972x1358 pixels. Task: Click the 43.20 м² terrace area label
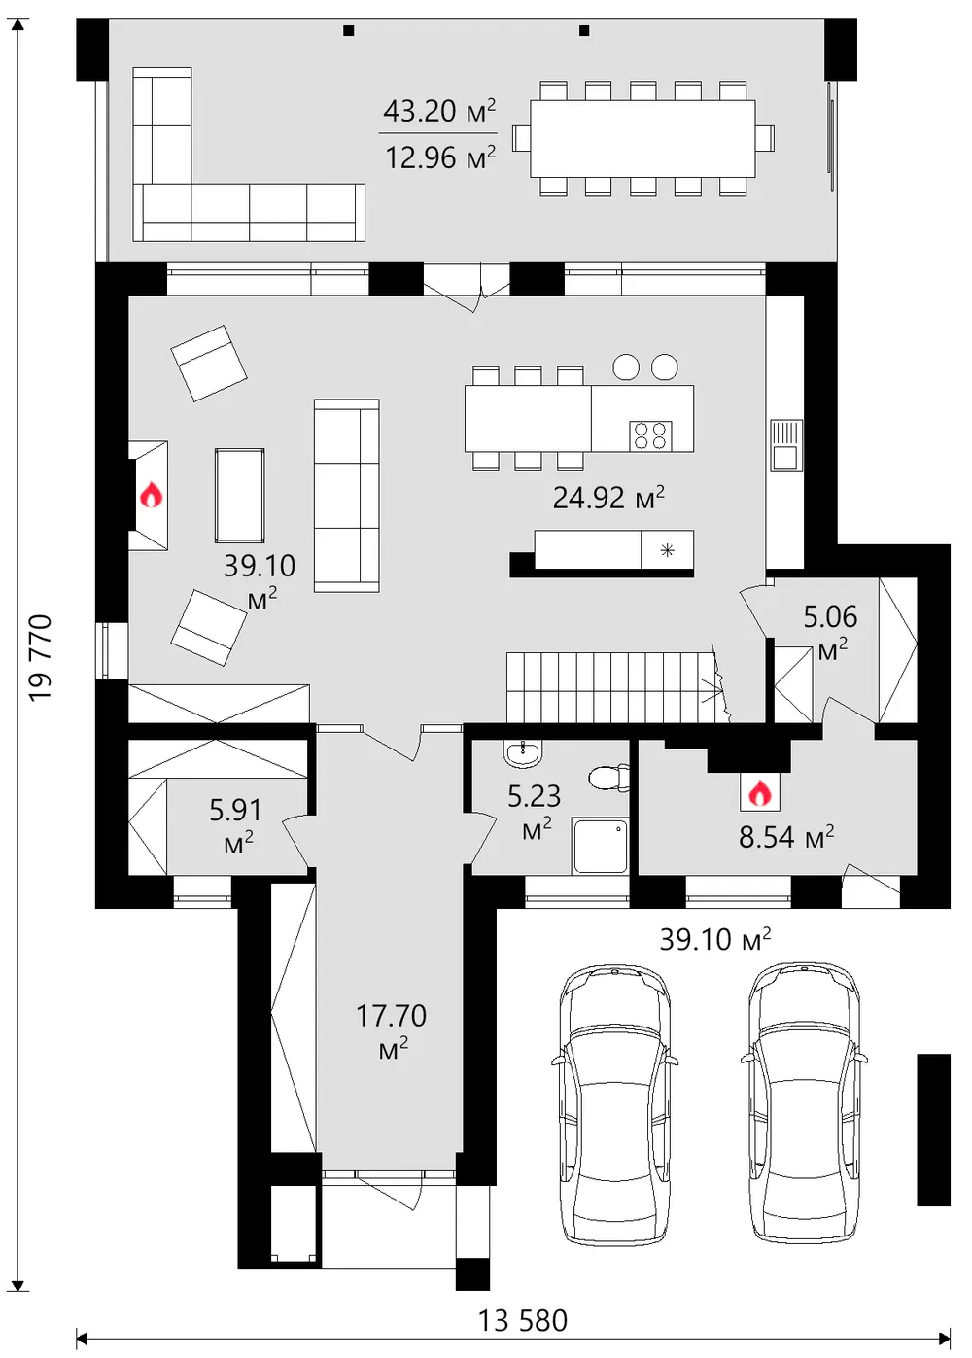[439, 111]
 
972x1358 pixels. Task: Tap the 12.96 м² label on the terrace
[440, 157]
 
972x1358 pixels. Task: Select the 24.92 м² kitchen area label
[608, 498]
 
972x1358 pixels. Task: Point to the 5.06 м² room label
[831, 633]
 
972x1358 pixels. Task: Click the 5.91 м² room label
[236, 825]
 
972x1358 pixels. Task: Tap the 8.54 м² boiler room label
[785, 837]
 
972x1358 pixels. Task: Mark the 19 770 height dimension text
[41, 658]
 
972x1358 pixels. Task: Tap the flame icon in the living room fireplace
[151, 495]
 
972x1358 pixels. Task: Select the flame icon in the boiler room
[760, 793]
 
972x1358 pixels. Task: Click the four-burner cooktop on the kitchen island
[650, 435]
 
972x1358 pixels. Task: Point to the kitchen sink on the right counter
[786, 445]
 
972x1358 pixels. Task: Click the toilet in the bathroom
[609, 778]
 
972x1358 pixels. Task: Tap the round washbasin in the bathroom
[521, 753]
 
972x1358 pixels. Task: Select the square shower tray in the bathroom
[600, 847]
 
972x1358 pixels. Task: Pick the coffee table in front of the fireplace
[239, 496]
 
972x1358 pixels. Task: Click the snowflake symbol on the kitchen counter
[667, 550]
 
